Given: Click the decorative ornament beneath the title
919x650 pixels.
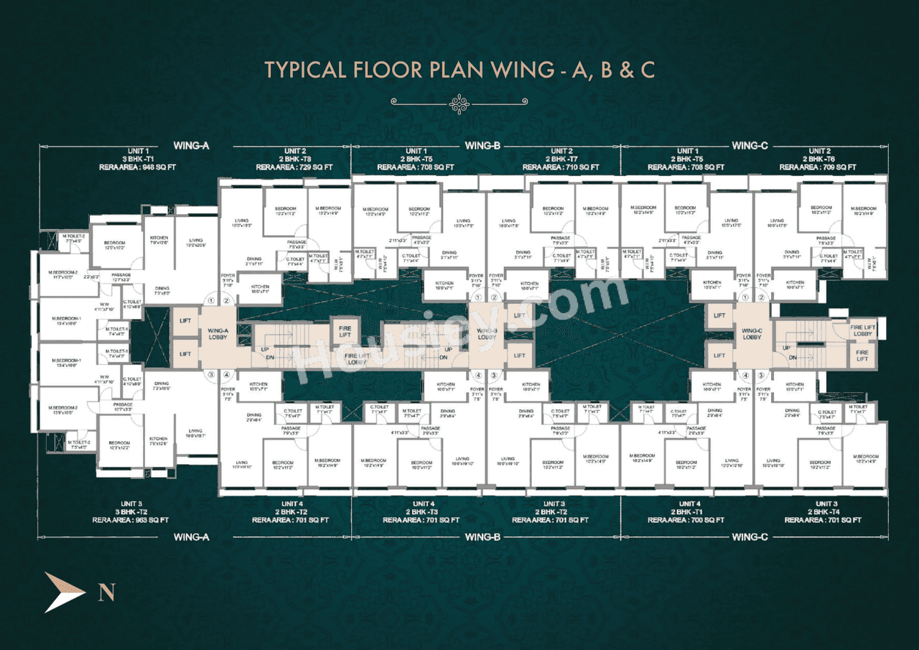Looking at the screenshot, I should pos(459,104).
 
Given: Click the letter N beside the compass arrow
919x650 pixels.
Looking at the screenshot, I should pos(106,593).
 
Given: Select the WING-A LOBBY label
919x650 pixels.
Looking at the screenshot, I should pos(218,334).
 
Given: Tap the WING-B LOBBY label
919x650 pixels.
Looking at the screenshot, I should pos(487,334).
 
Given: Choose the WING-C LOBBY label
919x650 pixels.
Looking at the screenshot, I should pos(752,334).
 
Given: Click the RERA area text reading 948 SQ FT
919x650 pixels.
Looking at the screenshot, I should pos(137,167).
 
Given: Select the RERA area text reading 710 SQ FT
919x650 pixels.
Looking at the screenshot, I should pos(561,167).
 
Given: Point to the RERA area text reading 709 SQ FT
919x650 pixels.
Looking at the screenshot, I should pos(818,167).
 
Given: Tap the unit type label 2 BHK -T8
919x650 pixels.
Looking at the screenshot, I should pos(295,159).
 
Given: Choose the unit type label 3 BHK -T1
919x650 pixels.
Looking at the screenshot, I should pos(137,159).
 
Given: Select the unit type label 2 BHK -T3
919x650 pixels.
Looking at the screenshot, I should pos(421,512).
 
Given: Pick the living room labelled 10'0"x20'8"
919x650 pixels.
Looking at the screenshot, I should pos(196,244).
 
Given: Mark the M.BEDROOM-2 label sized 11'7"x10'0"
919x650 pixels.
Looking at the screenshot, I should pos(63,274).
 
